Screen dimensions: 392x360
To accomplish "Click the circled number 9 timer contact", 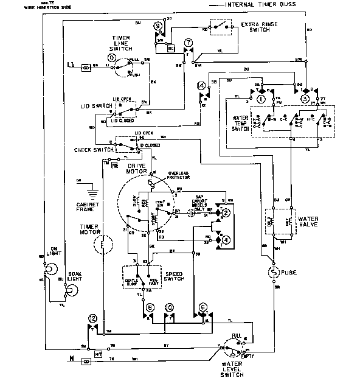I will click(x=158, y=26).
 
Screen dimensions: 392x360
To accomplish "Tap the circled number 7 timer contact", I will click(x=189, y=42).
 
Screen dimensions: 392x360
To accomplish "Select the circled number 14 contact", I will click(x=201, y=86).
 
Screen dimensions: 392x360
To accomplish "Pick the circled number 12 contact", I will click(x=92, y=318).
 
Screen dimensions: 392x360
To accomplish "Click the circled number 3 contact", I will click(x=305, y=99).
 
